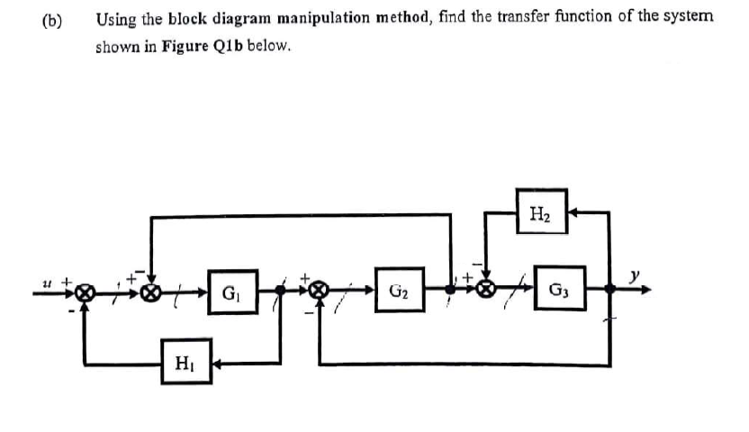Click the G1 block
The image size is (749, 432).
tap(229, 292)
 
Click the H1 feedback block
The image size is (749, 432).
tap(187, 363)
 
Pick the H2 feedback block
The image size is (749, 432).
tap(541, 213)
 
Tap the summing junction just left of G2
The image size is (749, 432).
tap(319, 292)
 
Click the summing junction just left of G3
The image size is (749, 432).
tap(486, 291)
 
